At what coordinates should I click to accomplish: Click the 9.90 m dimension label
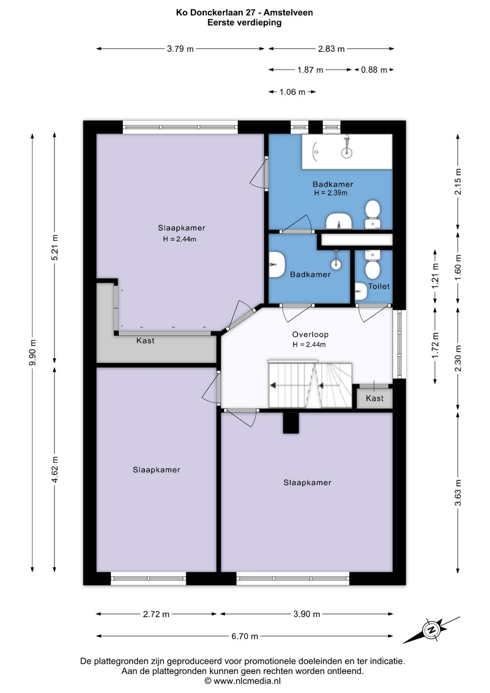tap(33, 352)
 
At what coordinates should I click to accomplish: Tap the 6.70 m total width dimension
tap(245, 636)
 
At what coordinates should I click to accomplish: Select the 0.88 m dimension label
tap(374, 70)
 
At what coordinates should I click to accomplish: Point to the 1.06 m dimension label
tap(292, 92)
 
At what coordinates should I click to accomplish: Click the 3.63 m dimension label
tap(458, 492)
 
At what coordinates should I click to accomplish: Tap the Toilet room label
tap(379, 286)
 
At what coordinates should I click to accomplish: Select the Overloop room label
tap(310, 334)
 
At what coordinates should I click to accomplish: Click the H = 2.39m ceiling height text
tap(331, 193)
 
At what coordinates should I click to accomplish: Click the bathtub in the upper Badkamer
tap(347, 152)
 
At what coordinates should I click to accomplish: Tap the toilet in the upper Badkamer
tap(373, 215)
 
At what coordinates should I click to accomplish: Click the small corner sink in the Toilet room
tap(360, 292)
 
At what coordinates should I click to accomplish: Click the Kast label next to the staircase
tap(374, 398)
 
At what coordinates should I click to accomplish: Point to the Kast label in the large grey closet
tap(145, 341)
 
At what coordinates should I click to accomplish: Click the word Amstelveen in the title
tap(288, 13)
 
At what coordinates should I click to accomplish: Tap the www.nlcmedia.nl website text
tap(247, 681)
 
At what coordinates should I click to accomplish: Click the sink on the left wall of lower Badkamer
tap(276, 265)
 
